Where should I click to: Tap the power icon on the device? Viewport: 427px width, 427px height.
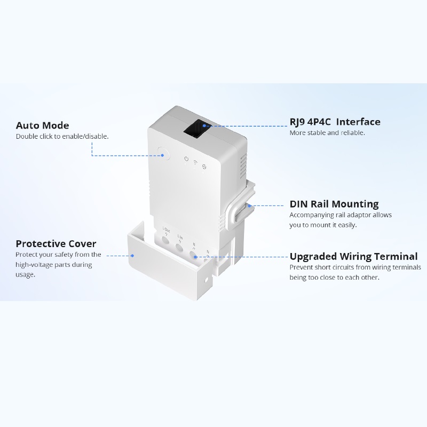[x=186, y=159]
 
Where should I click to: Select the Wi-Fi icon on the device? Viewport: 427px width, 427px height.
[x=195, y=163]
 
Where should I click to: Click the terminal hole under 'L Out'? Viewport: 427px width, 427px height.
[x=165, y=240]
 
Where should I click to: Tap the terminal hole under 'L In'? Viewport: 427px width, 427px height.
[x=179, y=248]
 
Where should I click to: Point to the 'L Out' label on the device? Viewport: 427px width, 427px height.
[x=166, y=230]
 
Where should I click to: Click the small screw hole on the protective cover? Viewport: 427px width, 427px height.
[x=206, y=280]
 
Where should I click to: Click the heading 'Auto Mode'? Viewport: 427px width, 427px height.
[x=43, y=125]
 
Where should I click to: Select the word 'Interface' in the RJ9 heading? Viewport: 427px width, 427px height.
[x=358, y=122]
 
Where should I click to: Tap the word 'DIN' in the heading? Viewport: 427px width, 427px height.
[x=298, y=204]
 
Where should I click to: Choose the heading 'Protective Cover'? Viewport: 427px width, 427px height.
[x=56, y=243]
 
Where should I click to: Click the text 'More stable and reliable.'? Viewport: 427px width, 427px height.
[x=327, y=132]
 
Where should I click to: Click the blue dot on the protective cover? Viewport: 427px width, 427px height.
[x=132, y=256]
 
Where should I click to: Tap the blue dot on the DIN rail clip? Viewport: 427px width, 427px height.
[x=249, y=206]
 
